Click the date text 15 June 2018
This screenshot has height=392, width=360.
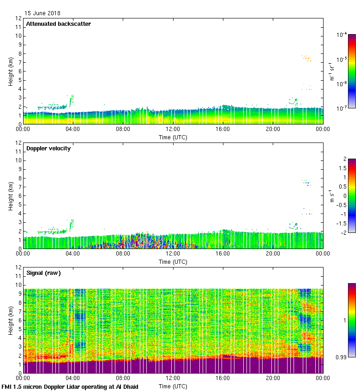point(42,13)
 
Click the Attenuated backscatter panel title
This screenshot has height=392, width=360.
point(58,24)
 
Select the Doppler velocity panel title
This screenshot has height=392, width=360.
point(48,148)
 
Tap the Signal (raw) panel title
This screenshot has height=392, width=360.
point(43,273)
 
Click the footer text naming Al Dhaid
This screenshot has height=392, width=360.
point(70,386)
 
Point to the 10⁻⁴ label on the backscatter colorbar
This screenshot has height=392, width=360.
point(342,35)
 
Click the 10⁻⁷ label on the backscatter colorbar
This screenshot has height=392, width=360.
point(342,109)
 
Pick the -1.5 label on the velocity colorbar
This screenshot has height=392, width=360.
point(341,223)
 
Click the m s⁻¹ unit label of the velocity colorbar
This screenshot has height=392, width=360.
point(332,196)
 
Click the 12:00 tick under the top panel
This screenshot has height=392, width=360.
point(173,130)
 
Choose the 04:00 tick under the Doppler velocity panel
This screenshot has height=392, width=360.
point(73,254)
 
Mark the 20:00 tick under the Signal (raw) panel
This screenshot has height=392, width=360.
point(273,379)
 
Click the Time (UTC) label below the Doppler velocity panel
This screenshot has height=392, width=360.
point(173,261)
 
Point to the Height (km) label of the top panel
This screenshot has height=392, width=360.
point(10,71)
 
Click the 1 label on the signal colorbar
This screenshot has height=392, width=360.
point(342,320)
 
